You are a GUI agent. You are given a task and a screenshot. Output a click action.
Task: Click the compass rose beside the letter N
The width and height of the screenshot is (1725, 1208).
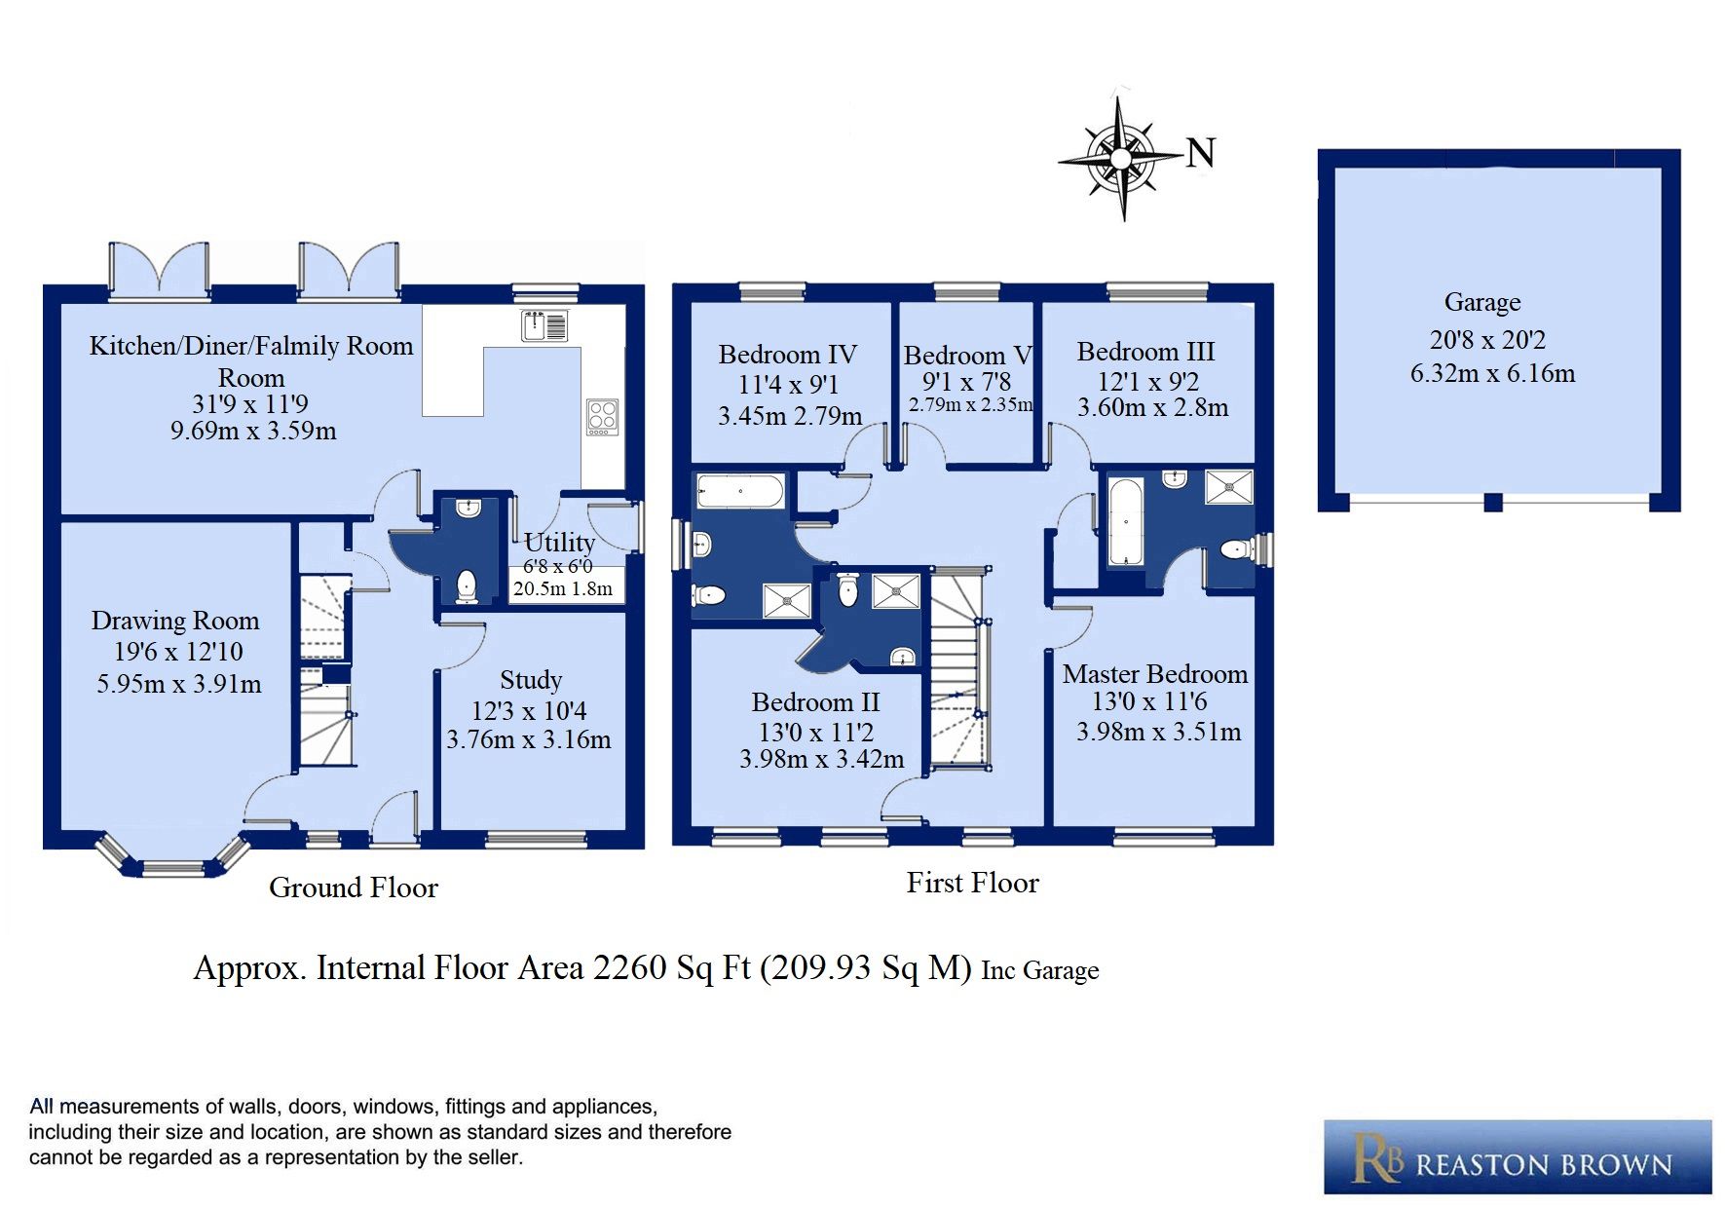(1120, 157)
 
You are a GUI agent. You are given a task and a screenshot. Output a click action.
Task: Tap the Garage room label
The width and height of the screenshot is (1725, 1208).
(1481, 303)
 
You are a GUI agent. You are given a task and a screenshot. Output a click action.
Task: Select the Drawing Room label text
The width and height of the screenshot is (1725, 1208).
(175, 621)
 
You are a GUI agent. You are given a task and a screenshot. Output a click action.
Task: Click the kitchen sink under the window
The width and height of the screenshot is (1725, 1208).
(544, 325)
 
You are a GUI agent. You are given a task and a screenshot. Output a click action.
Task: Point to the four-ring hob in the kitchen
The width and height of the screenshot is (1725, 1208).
(602, 417)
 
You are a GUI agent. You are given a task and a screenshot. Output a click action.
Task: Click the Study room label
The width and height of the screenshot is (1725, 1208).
(531, 680)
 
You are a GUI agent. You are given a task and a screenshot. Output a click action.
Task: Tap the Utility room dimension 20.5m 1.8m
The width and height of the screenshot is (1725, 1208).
(563, 588)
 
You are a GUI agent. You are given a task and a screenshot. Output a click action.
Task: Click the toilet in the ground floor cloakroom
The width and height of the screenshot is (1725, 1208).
(467, 585)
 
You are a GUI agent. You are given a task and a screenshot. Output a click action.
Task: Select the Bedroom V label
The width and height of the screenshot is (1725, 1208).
(966, 356)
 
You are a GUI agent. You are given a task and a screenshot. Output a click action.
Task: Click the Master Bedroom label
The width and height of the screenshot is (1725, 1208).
(1154, 674)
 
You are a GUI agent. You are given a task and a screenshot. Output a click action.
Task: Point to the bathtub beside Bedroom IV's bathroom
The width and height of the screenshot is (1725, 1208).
(741, 491)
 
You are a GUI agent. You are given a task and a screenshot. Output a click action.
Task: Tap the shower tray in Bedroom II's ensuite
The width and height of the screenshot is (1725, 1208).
(895, 590)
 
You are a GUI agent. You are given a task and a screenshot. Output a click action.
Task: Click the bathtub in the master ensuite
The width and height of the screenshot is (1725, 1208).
(1125, 521)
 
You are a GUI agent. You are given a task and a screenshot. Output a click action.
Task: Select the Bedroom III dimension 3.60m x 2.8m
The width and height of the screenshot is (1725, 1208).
(1152, 408)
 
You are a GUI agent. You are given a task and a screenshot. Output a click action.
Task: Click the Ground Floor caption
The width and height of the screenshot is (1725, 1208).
(354, 887)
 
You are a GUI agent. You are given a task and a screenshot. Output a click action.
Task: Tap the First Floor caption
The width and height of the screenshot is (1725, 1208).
(972, 883)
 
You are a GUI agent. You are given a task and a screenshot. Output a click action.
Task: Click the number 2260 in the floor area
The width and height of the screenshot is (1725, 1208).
(630, 968)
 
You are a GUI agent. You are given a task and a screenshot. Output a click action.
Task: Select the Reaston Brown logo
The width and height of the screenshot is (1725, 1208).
(1517, 1157)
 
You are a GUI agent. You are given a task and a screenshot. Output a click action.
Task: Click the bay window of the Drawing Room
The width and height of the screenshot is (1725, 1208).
(172, 863)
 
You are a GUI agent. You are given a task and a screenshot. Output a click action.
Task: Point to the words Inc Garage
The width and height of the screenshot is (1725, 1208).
(1039, 971)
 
